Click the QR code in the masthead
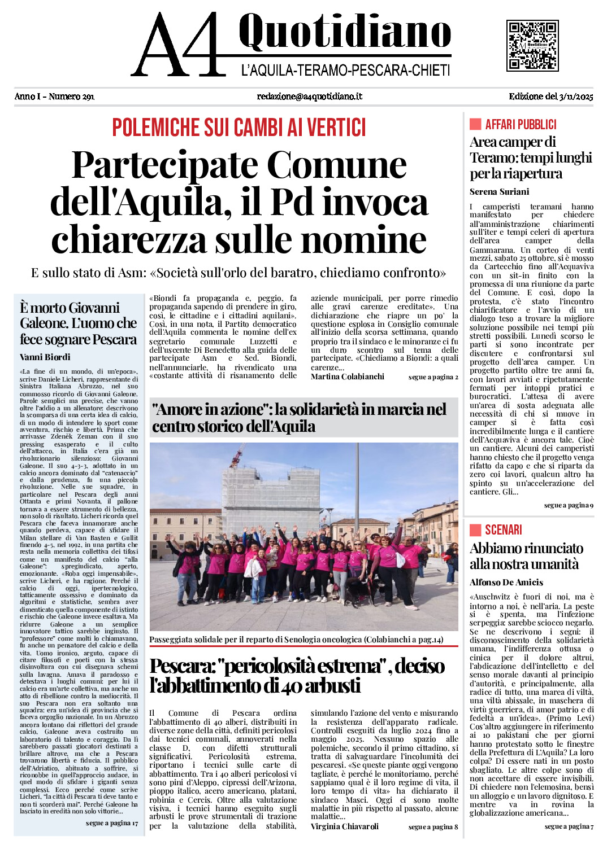[532, 46]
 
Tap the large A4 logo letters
[178, 45]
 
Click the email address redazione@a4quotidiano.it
[309, 97]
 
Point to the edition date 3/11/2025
[576, 97]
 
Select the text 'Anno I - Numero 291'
[54, 97]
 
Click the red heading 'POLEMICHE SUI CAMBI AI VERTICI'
[239, 128]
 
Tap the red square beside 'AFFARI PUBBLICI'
[475, 124]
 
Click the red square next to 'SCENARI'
[475, 529]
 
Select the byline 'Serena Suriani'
[499, 192]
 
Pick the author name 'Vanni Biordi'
[45, 357]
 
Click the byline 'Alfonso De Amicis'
[506, 583]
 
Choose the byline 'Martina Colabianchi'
[347, 377]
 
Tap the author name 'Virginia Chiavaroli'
[344, 826]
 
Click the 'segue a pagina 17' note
[112, 823]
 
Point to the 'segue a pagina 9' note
[569, 505]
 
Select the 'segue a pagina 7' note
[569, 826]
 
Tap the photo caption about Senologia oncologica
[296, 640]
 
